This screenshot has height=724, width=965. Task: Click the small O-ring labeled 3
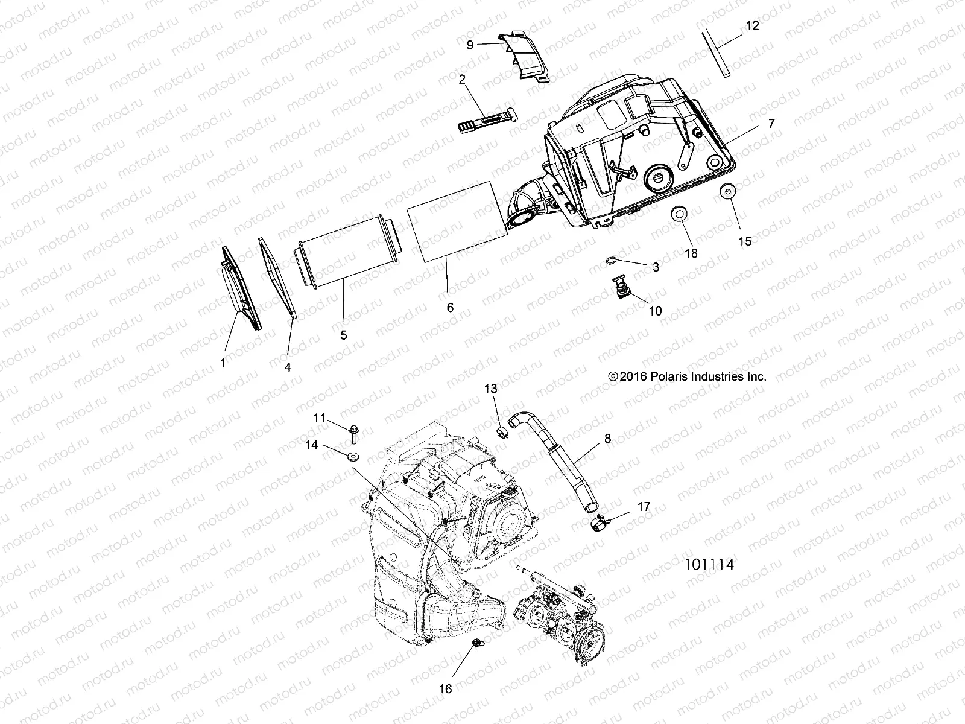[x=610, y=260]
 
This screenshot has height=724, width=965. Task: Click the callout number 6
[x=450, y=307]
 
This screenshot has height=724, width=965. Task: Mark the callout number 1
[x=223, y=363]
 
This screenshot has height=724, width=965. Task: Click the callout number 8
[x=607, y=439]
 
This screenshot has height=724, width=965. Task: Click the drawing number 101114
[x=709, y=565]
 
